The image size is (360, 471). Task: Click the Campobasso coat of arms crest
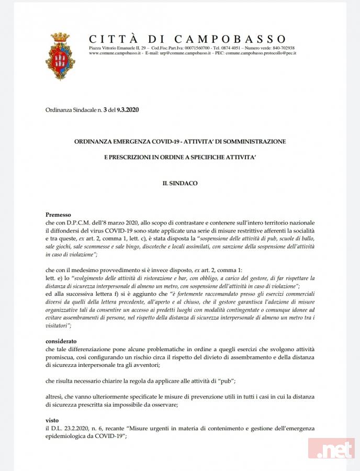tap(60, 56)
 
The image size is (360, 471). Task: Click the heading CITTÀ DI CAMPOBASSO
tap(188, 39)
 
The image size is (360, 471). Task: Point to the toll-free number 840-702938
tap(283, 48)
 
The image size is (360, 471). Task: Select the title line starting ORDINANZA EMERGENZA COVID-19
tap(179, 142)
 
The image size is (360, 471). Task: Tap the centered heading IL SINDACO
tap(179, 184)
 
